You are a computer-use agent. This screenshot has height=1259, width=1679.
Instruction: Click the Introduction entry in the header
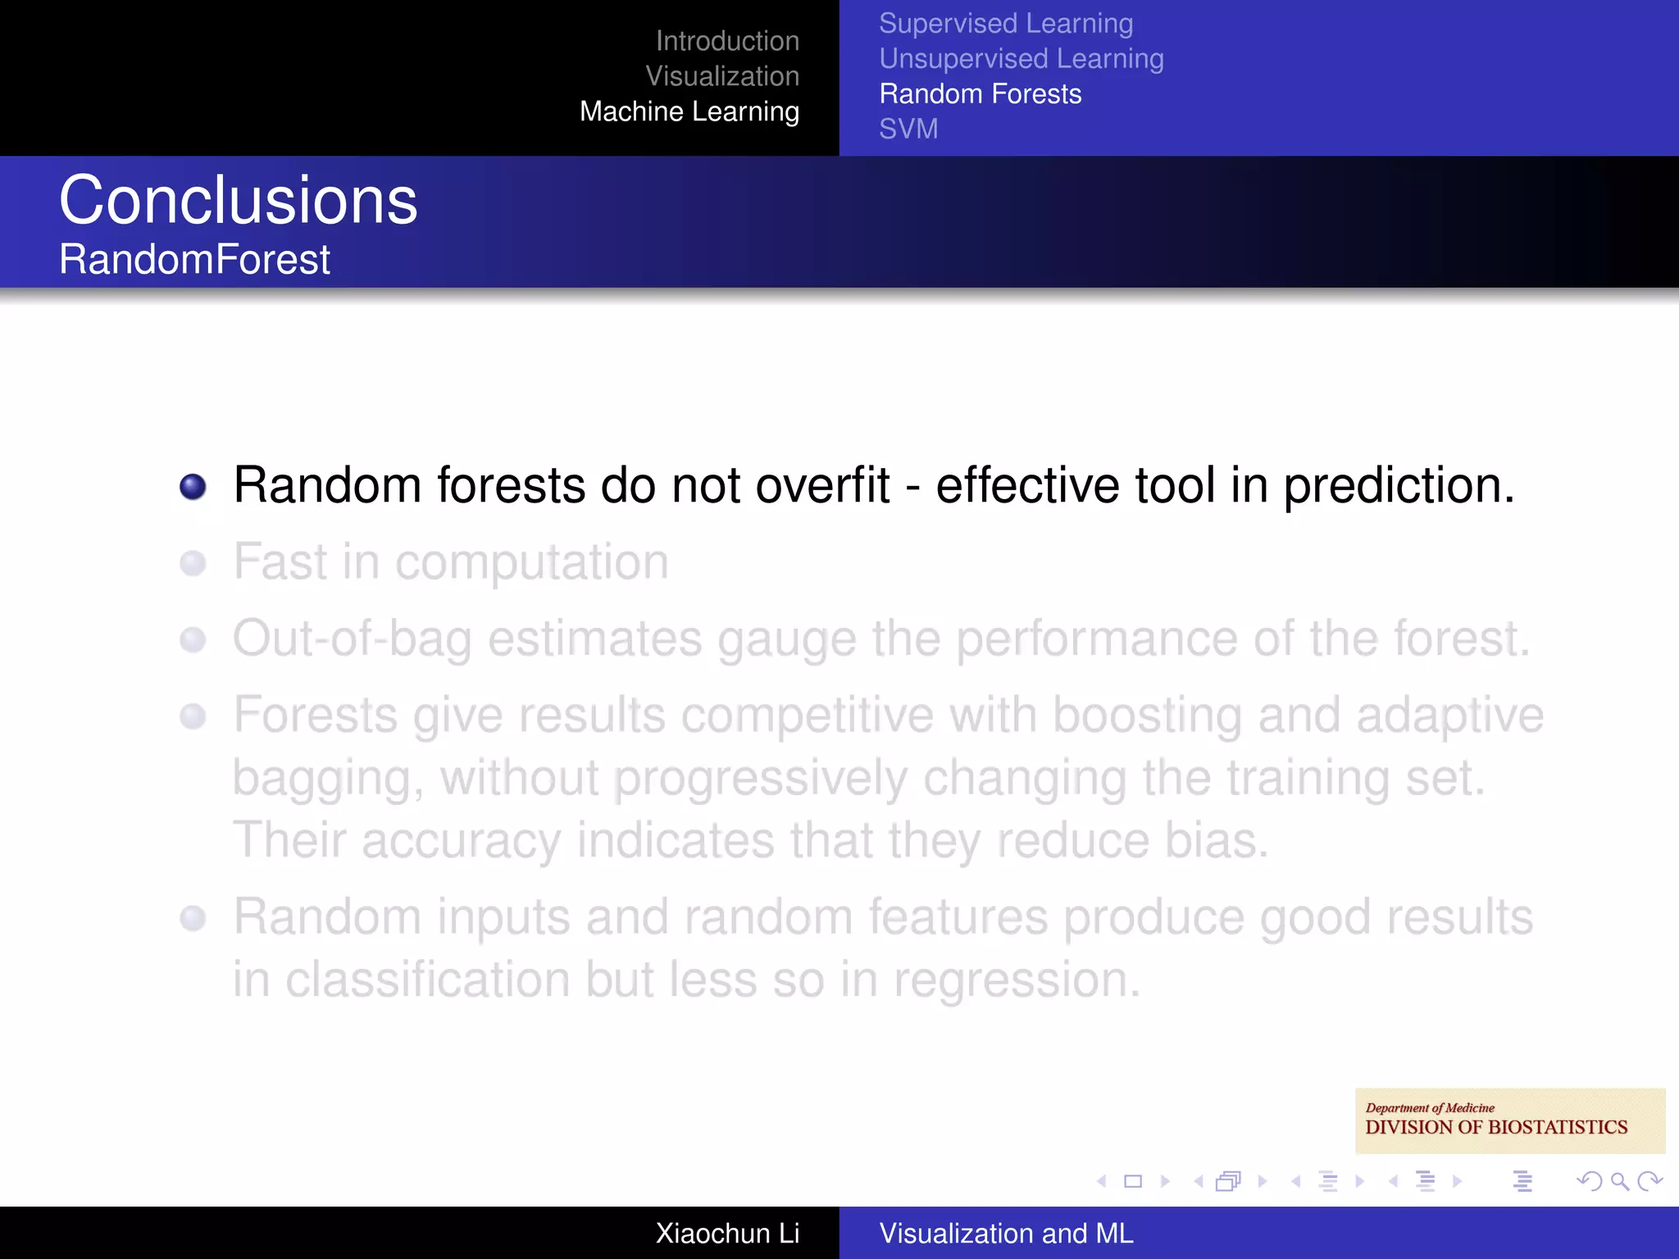coord(727,41)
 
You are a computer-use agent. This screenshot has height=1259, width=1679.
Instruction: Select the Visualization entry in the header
coord(721,76)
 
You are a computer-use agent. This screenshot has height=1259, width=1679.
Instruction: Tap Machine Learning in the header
coord(689,111)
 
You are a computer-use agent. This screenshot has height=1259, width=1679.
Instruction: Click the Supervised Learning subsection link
coord(1006,24)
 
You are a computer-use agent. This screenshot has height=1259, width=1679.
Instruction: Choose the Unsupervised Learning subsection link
coord(1021,59)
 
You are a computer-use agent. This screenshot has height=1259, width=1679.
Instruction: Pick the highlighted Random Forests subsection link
coord(980,94)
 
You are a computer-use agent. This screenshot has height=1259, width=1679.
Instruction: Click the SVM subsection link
coord(908,130)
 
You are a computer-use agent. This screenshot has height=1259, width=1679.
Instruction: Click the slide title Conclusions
coord(238,201)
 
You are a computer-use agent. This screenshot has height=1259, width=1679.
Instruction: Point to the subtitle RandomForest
coord(194,260)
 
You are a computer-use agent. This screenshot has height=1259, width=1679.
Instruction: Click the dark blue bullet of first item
coord(193,487)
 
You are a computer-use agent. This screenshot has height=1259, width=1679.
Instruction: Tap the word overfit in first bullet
coord(821,485)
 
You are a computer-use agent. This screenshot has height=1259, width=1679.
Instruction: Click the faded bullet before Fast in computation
coord(193,564)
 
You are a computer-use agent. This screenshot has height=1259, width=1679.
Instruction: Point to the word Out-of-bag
coord(352,639)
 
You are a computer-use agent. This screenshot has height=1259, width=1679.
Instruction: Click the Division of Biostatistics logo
coord(1508,1120)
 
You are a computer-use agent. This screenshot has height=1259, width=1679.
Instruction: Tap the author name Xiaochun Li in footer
coord(726,1234)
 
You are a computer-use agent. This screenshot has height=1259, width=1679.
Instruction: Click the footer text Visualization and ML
coord(1006,1234)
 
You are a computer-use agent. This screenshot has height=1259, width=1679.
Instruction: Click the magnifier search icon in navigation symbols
coord(1619,1181)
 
